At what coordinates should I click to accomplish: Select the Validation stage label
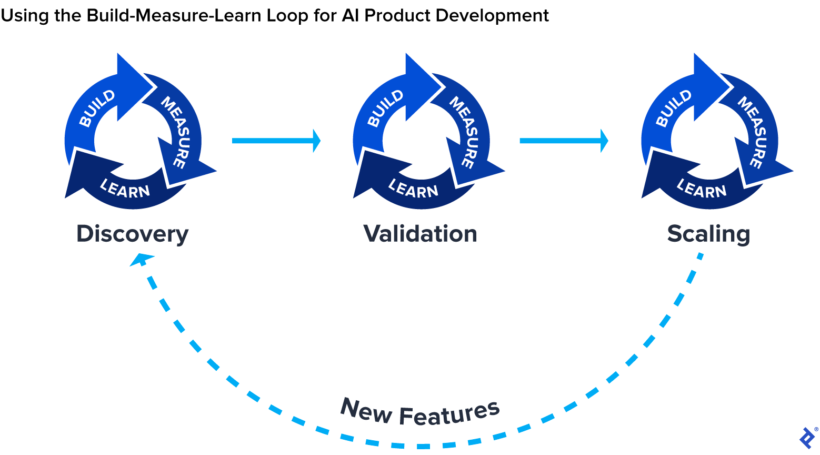click(x=420, y=234)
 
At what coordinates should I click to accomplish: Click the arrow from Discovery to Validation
click(x=276, y=141)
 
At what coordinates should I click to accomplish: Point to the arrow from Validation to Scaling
click(x=564, y=141)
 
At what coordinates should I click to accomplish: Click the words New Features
click(x=419, y=412)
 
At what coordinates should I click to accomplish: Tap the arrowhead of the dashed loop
click(x=141, y=259)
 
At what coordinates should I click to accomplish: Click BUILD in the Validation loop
click(x=385, y=108)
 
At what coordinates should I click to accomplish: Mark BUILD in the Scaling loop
click(x=674, y=108)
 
